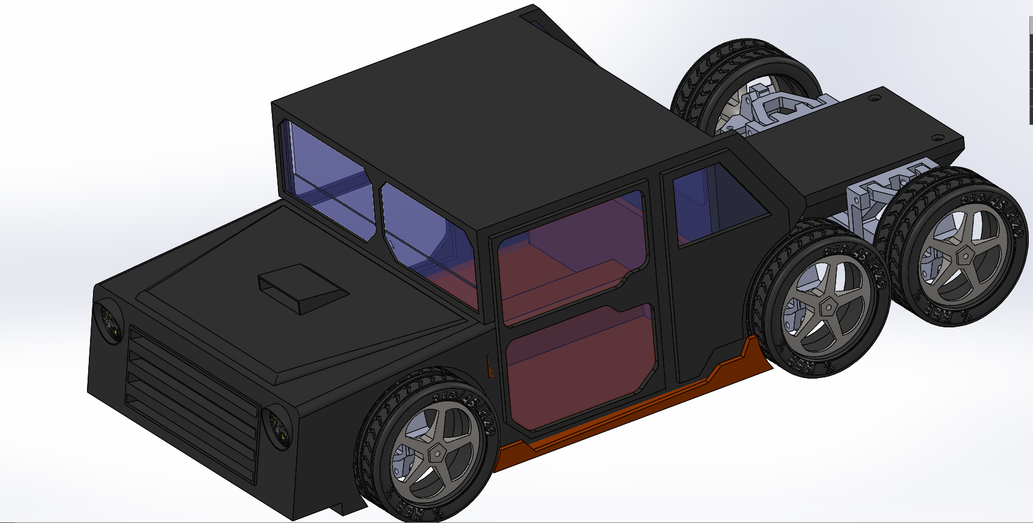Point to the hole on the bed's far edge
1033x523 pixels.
click(x=874, y=97)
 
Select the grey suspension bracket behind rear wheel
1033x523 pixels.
click(x=870, y=202)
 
